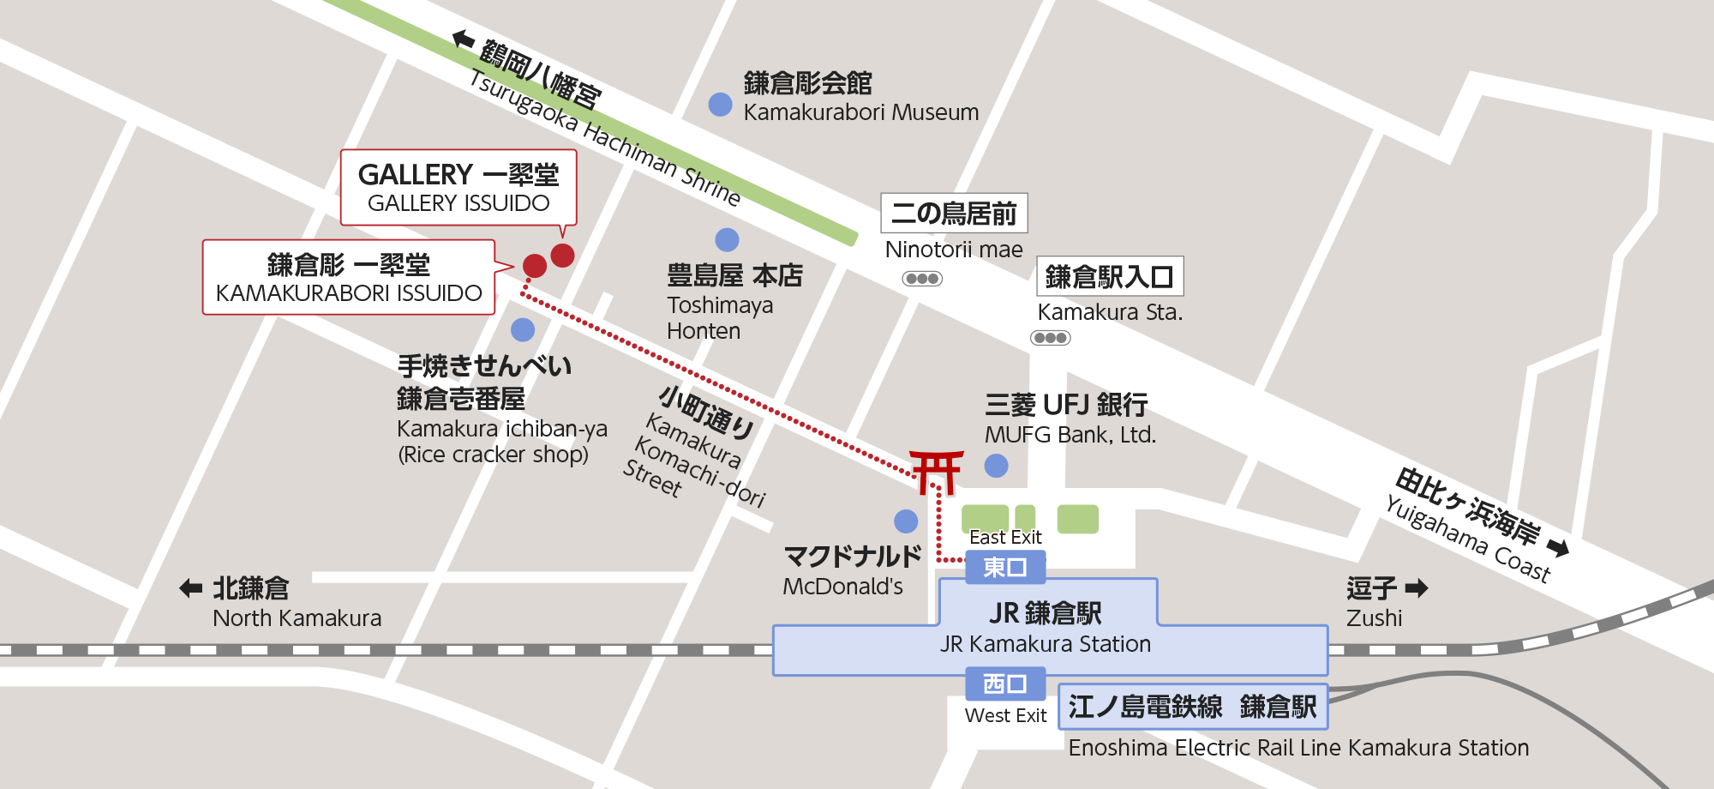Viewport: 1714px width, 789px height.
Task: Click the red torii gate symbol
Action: point(936,472)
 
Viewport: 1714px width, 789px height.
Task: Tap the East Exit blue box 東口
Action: point(1005,567)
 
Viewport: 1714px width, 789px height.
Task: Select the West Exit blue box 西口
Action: point(1005,684)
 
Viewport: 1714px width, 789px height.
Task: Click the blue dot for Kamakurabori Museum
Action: point(721,105)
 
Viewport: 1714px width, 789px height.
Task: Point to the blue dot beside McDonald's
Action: point(906,521)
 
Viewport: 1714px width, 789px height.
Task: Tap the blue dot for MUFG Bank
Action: point(996,466)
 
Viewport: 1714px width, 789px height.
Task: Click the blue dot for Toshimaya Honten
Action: point(727,239)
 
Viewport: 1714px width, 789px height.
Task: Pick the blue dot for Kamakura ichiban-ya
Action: point(523,329)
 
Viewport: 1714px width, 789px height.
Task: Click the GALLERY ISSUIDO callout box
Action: point(458,188)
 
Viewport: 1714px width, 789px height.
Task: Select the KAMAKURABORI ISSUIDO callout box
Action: point(349,277)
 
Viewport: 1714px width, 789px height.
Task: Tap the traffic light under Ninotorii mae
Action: point(922,279)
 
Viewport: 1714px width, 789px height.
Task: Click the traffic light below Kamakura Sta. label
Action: point(1051,338)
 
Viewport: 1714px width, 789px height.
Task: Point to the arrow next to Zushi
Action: point(1417,588)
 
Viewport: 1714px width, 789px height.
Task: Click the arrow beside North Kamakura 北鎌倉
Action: point(190,588)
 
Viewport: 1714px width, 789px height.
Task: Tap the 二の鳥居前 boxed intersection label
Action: point(954,213)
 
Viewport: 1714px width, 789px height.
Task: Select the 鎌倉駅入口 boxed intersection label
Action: point(1110,277)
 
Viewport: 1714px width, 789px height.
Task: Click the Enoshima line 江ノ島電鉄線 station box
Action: point(1192,707)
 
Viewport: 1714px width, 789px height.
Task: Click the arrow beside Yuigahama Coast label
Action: point(1558,548)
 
